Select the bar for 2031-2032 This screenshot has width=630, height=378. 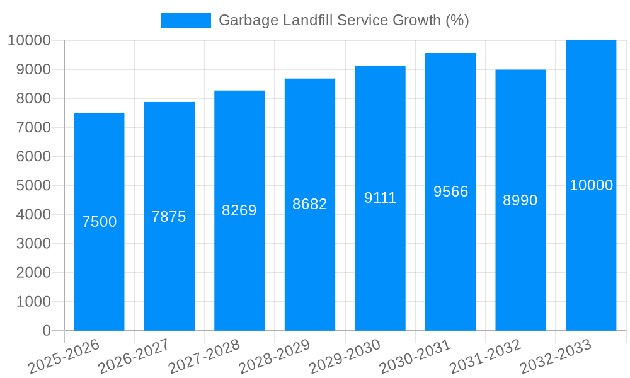point(520,265)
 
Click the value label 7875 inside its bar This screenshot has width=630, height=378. point(169,217)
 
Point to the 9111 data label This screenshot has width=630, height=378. point(380,198)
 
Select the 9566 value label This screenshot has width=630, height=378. point(450,192)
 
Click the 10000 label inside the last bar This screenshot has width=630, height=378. point(591,185)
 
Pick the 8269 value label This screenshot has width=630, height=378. point(239,210)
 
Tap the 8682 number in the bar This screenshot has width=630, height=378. point(309,204)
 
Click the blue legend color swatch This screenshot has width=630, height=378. point(185,20)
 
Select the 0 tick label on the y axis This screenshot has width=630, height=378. point(46,331)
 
